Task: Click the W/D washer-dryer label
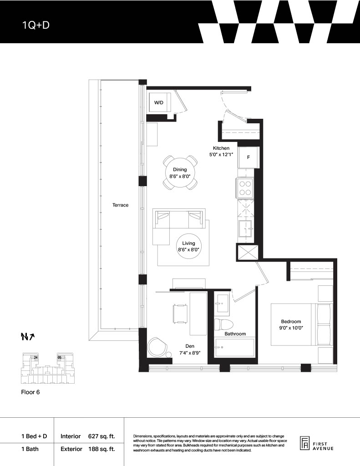coord(159,102)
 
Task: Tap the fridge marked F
coord(248,157)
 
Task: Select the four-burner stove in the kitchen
coord(245,188)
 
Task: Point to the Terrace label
coord(121,205)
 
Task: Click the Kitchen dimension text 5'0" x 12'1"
coord(221,155)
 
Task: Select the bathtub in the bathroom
coord(235,347)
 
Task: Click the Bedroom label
coord(291,321)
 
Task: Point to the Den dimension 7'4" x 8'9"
coord(190,353)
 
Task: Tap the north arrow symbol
coord(28,337)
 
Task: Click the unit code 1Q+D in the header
coord(35,25)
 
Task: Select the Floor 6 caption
coord(30,392)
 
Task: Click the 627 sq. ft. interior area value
coord(101,436)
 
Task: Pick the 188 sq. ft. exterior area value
coord(101,449)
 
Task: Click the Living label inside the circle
coord(188,243)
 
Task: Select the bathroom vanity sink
coord(223,303)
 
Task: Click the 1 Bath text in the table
coord(30,449)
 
